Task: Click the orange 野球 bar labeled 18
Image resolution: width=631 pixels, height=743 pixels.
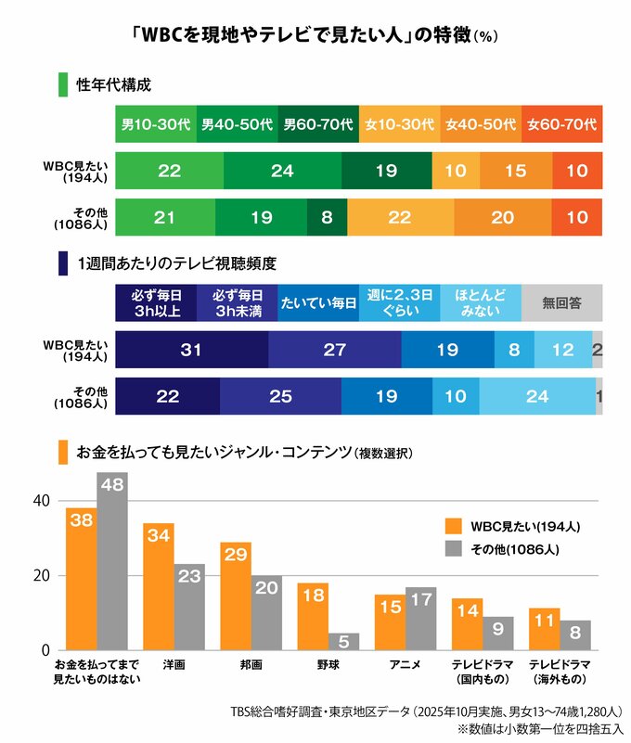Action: coord(312,617)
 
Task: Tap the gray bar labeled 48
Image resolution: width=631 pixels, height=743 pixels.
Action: coord(111,561)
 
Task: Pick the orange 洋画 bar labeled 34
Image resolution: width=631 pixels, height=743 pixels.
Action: coord(158,586)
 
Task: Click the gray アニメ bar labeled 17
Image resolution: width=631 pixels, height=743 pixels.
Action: coord(420,619)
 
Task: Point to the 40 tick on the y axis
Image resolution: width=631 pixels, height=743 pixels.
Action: coord(40,501)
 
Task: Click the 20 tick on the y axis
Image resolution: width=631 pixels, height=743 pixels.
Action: coord(40,576)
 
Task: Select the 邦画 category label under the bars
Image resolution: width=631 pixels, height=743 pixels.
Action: coord(251,665)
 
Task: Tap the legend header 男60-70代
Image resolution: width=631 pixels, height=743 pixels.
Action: coord(318,123)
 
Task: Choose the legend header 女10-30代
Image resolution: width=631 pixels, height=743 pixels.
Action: coord(399,123)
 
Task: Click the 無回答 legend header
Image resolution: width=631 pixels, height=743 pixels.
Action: coord(561,301)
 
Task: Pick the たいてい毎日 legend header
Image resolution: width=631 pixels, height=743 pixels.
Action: coord(318,301)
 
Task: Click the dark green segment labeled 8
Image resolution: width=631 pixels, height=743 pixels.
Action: coord(327,218)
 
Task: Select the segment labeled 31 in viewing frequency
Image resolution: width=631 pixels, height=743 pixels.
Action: coord(192,350)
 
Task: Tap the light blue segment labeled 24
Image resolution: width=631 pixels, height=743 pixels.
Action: coord(538,396)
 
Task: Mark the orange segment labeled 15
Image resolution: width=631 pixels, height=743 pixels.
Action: coord(515,172)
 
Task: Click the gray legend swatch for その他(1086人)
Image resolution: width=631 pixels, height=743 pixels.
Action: coord(454,550)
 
